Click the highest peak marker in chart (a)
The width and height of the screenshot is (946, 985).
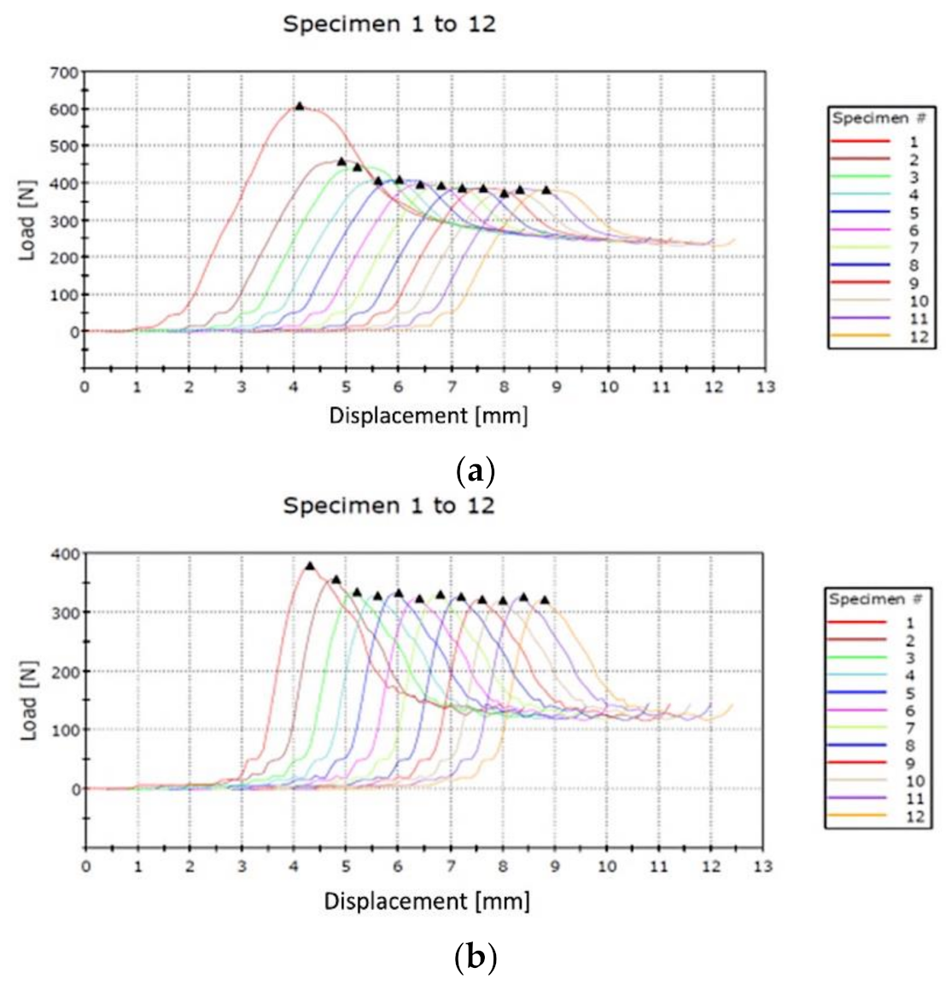point(299,106)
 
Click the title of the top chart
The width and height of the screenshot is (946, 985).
point(388,24)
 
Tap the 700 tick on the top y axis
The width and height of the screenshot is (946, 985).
point(64,72)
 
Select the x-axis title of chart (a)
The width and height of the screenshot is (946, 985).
point(428,416)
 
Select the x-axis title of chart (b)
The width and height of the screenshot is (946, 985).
point(426,901)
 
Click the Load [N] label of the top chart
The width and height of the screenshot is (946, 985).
point(28,225)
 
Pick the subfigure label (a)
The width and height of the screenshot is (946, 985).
point(475,471)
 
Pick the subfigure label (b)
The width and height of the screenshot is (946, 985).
point(475,959)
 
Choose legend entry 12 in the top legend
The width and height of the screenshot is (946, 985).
point(879,337)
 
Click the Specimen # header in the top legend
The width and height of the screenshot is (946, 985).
point(879,118)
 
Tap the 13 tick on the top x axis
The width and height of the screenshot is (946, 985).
point(766,388)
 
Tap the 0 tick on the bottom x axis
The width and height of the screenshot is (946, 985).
point(85,866)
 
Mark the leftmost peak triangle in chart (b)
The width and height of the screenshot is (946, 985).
point(310,565)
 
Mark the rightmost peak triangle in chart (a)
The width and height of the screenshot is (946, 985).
point(546,189)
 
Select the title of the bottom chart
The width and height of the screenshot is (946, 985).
point(388,505)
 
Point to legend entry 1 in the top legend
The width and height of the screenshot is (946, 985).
point(879,142)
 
